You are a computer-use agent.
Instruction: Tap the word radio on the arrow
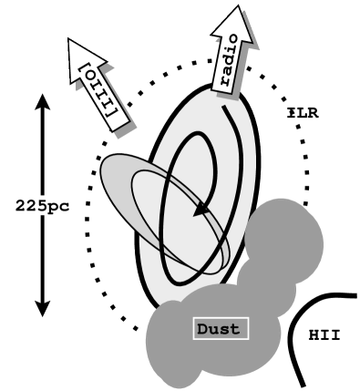228,57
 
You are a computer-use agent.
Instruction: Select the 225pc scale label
42,205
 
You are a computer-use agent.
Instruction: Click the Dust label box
221,328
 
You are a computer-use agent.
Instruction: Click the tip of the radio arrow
240,9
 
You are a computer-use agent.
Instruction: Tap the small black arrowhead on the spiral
198,212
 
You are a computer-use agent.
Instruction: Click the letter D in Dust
203,328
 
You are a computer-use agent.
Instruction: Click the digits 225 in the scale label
31,205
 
